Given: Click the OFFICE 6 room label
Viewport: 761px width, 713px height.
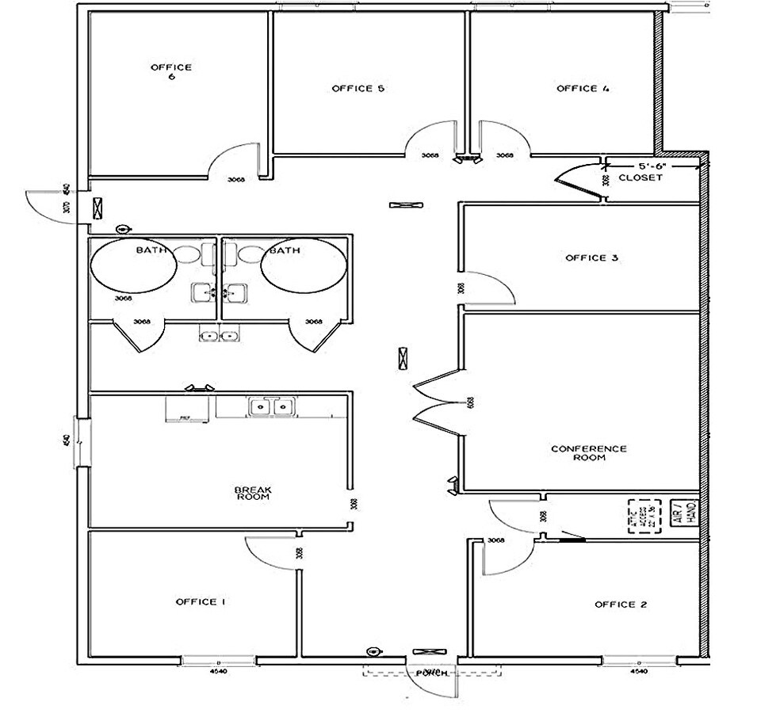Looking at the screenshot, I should tap(171, 72).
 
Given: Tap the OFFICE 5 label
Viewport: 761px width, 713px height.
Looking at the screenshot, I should tap(358, 89).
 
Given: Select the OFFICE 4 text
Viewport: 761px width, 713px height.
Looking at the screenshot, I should tap(583, 89).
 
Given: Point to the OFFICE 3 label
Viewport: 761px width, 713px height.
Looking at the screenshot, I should tap(591, 257).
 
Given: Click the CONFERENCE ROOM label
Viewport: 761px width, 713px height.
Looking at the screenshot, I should tap(589, 453).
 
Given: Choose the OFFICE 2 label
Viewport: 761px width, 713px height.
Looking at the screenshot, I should tap(621, 604).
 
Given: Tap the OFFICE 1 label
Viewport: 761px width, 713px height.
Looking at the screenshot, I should tap(201, 602).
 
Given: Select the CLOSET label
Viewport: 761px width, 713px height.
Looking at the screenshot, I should tap(640, 178).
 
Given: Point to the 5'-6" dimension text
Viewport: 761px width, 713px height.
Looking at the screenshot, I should tap(650, 166).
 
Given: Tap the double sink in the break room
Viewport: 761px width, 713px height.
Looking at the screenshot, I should tap(271, 407).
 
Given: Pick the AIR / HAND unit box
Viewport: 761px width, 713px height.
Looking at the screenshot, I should tap(682, 512).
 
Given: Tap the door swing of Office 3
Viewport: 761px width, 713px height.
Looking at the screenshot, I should tap(487, 286).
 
